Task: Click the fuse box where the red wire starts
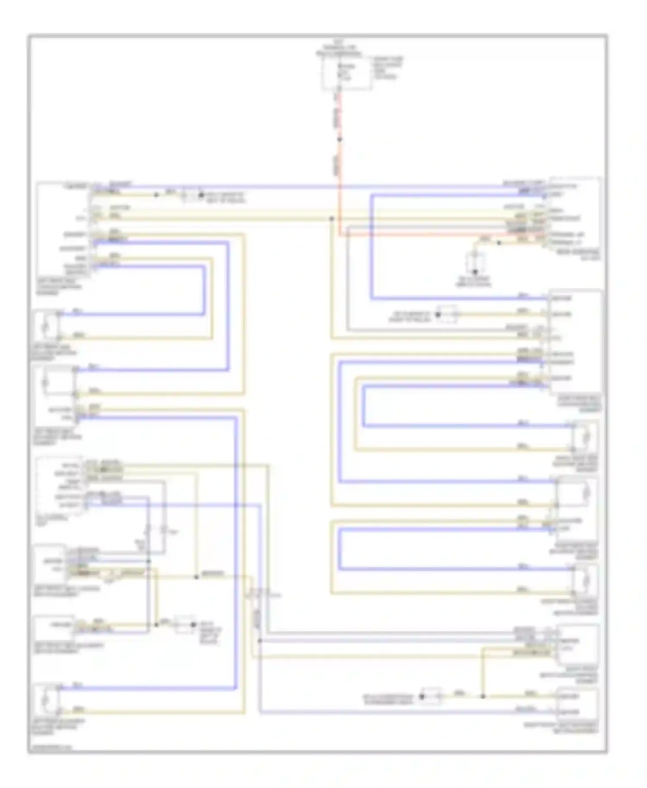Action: tap(346, 74)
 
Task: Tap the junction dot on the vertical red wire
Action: tap(339, 139)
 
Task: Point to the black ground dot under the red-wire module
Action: tap(475, 272)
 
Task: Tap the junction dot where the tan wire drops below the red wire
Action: tap(331, 219)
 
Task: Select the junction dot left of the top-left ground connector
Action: tap(156, 195)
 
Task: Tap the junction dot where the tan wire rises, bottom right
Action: tap(483, 696)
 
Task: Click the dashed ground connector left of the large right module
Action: tap(446, 314)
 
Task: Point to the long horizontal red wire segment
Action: tap(423, 235)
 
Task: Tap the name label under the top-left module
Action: tap(58, 287)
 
